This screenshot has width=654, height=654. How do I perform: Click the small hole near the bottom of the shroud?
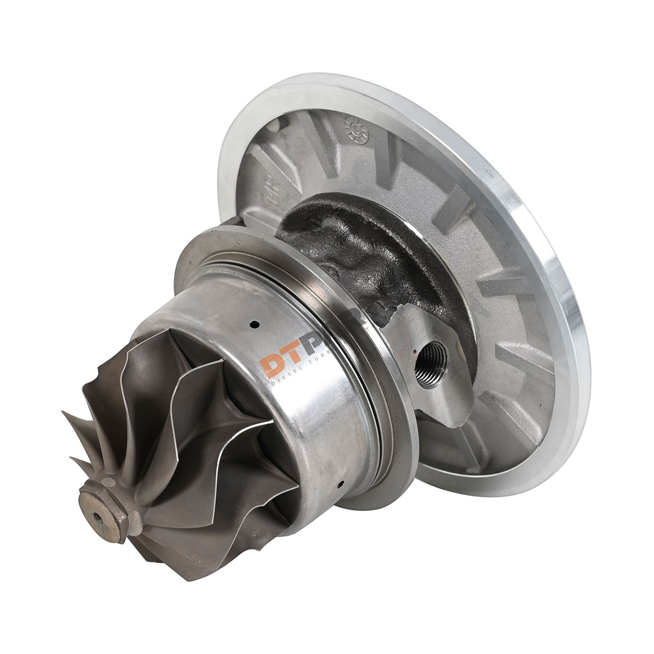[340, 484]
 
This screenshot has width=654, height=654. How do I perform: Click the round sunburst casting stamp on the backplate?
[356, 128]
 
